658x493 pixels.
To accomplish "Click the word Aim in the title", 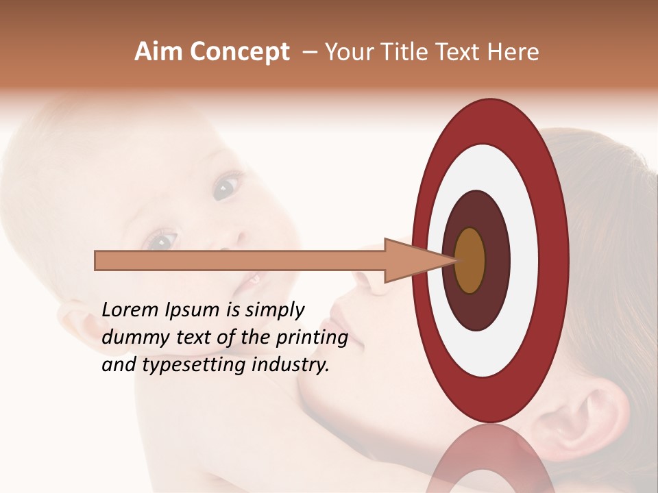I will coord(158,52).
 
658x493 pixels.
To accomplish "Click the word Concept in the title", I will coord(239,52).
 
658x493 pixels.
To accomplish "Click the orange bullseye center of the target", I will coord(470,260).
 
